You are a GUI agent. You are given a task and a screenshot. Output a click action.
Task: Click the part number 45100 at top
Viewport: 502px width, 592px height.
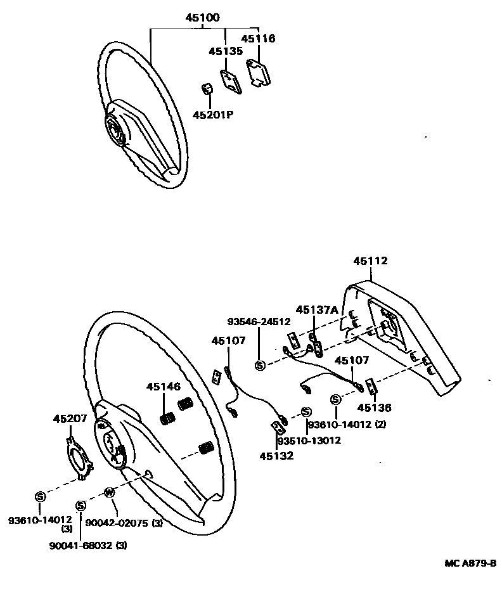coord(202,18)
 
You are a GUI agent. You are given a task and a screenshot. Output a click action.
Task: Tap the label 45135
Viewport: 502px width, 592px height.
coord(226,51)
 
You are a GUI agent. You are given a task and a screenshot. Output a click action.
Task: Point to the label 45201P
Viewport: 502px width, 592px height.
coord(214,115)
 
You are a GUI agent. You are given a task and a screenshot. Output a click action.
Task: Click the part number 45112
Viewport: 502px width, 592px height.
coord(370,261)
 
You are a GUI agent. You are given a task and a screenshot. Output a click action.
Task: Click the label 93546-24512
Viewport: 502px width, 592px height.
coord(261,322)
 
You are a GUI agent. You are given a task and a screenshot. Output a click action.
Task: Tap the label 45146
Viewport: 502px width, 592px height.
coord(164,386)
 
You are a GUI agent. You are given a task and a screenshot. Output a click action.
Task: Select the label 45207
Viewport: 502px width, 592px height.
coord(70,419)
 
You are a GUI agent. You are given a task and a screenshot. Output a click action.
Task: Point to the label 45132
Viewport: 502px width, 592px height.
coord(276,455)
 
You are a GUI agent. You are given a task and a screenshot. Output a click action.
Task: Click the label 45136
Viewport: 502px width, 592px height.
coord(373,408)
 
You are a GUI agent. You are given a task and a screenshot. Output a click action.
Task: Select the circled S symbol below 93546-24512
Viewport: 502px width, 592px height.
coord(260,364)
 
